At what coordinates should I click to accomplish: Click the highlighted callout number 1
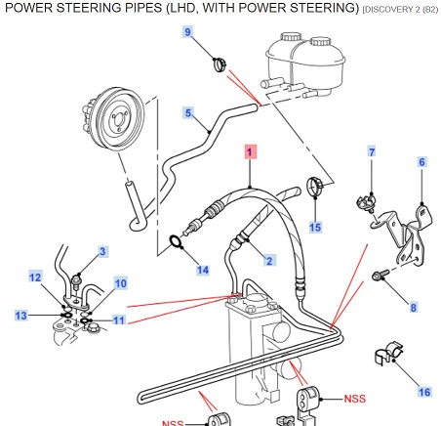(x=250, y=151)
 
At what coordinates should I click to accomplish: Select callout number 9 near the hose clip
(x=188, y=32)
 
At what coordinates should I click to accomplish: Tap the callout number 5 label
(x=188, y=112)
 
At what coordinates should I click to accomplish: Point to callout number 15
(x=315, y=227)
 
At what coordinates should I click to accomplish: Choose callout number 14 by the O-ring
(x=203, y=270)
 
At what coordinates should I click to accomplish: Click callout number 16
(x=424, y=392)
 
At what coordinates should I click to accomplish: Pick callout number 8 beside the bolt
(x=413, y=307)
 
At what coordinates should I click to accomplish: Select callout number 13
(x=21, y=316)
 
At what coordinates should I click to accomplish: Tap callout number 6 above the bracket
(x=421, y=162)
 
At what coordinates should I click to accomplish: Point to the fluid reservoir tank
(x=305, y=64)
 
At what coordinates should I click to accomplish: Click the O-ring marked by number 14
(x=176, y=242)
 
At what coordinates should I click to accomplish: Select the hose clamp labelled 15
(x=315, y=185)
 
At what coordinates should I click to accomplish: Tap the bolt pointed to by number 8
(x=381, y=274)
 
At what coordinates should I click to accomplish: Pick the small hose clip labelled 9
(x=220, y=64)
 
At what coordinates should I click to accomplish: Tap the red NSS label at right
(x=355, y=399)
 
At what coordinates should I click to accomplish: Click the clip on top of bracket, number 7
(x=366, y=203)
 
